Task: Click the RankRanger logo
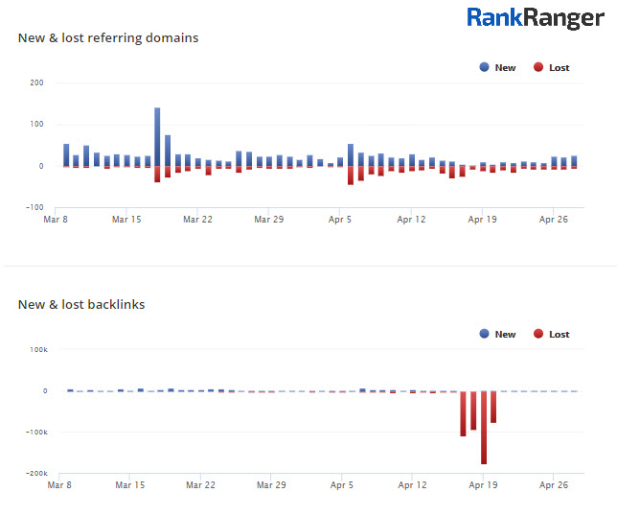point(536,17)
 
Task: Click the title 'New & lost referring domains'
point(108,37)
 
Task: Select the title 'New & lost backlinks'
point(81,304)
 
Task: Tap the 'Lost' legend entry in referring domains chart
point(551,67)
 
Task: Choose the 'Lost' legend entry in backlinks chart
point(551,334)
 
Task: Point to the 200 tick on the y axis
point(36,82)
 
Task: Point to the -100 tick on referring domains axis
point(35,207)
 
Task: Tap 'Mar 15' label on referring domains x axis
point(126,220)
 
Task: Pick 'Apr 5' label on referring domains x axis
point(341,220)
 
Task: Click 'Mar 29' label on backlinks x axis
point(271,486)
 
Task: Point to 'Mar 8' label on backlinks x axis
point(59,486)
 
